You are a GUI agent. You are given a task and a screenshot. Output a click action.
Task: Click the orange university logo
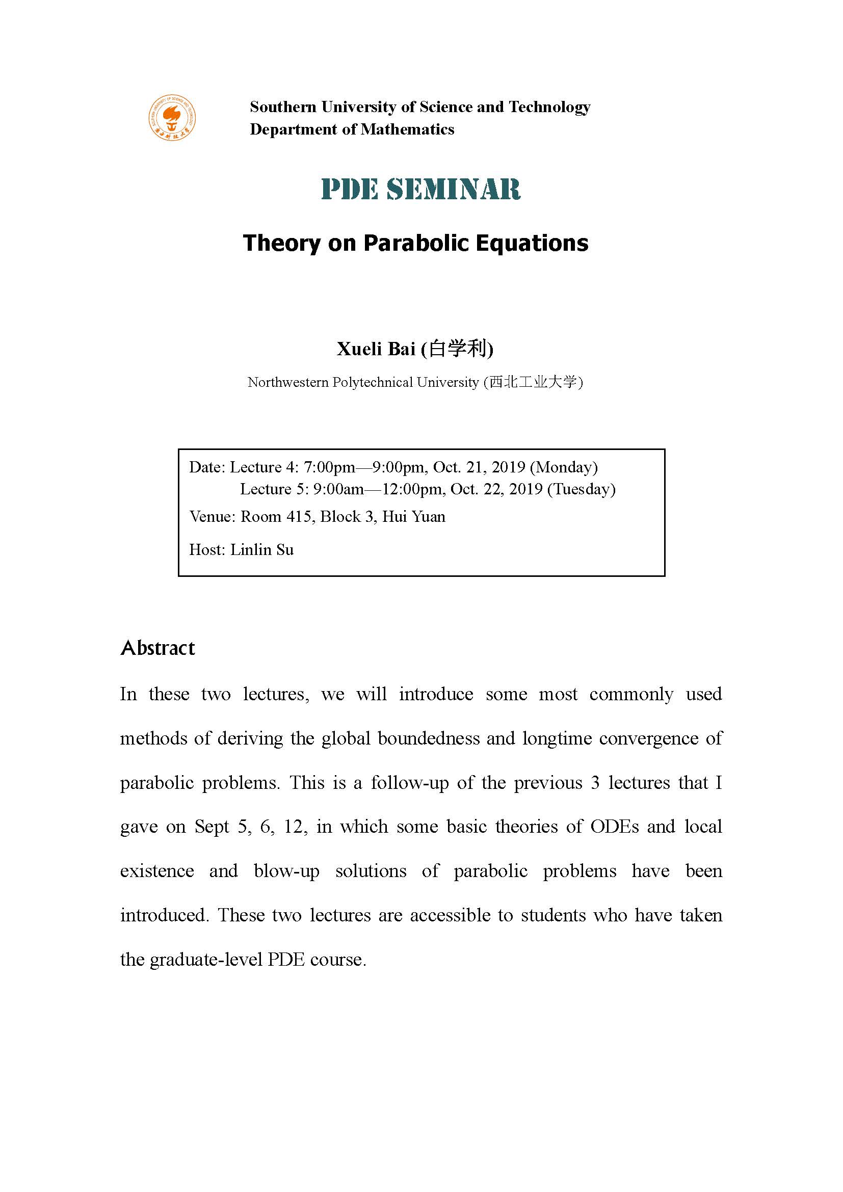pos(172,118)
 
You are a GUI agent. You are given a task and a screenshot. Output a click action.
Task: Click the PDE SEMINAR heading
pos(421,189)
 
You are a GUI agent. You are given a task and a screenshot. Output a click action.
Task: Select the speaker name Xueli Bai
pos(376,349)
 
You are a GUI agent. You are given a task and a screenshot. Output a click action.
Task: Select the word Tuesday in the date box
pos(582,489)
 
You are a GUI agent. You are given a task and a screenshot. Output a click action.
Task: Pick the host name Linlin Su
pos(261,549)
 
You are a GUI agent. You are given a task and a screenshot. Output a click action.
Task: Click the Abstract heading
pos(158,648)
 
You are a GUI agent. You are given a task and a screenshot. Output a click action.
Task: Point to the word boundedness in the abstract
pos(429,738)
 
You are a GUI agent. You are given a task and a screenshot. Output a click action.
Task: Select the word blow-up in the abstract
pos(286,870)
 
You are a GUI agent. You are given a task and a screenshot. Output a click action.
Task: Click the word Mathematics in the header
pos(408,129)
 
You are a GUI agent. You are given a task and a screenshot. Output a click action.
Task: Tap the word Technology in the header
pos(550,107)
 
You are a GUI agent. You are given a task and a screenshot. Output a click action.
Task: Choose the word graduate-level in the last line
pos(205,960)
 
